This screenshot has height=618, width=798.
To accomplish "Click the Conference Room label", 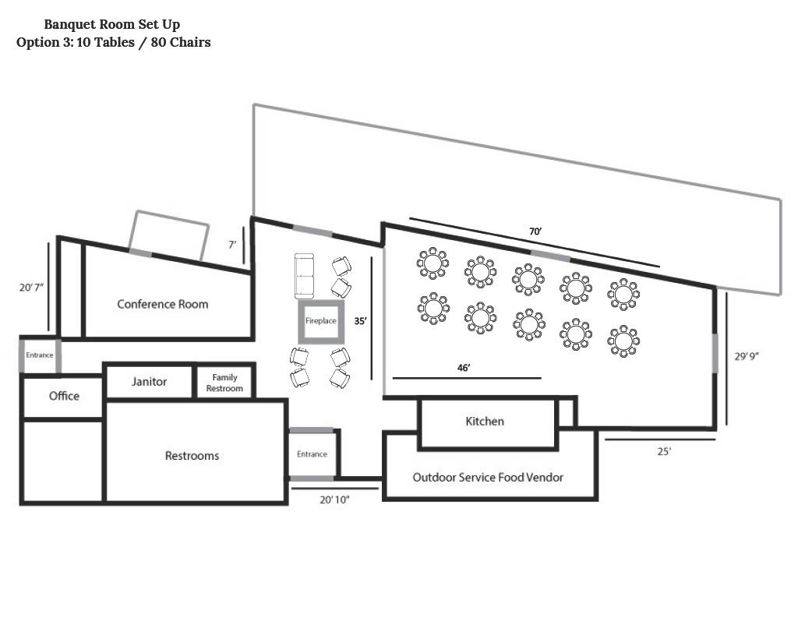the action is pyautogui.click(x=162, y=304).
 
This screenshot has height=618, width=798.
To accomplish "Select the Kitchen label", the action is pyautogui.click(x=485, y=421).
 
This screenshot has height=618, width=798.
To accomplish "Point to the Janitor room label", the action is pyautogui.click(x=149, y=381).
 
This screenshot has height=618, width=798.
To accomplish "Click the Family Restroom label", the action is pyautogui.click(x=224, y=383).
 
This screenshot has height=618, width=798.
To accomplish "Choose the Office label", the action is pyautogui.click(x=64, y=396).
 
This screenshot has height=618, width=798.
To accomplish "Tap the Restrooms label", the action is pyautogui.click(x=192, y=456).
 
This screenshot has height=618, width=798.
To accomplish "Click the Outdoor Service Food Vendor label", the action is pyautogui.click(x=488, y=477).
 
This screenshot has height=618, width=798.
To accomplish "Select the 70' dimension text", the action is pyautogui.click(x=535, y=231).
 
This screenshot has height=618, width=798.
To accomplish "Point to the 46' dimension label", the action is pyautogui.click(x=464, y=368).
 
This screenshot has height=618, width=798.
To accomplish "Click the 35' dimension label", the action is pyautogui.click(x=360, y=321).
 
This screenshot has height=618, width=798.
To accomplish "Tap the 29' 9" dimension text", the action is pyautogui.click(x=746, y=356).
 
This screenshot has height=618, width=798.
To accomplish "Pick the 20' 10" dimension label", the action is pyautogui.click(x=334, y=500).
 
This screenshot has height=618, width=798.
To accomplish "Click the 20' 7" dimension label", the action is pyautogui.click(x=31, y=287).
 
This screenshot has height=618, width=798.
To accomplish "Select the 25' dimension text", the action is pyautogui.click(x=664, y=451).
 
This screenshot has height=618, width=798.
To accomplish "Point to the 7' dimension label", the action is pyautogui.click(x=232, y=245).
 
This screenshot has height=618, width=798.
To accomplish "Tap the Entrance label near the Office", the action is pyautogui.click(x=40, y=355).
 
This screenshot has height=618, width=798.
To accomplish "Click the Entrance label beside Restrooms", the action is pyautogui.click(x=312, y=454).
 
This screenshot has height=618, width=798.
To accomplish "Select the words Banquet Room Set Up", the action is pyautogui.click(x=112, y=24).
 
